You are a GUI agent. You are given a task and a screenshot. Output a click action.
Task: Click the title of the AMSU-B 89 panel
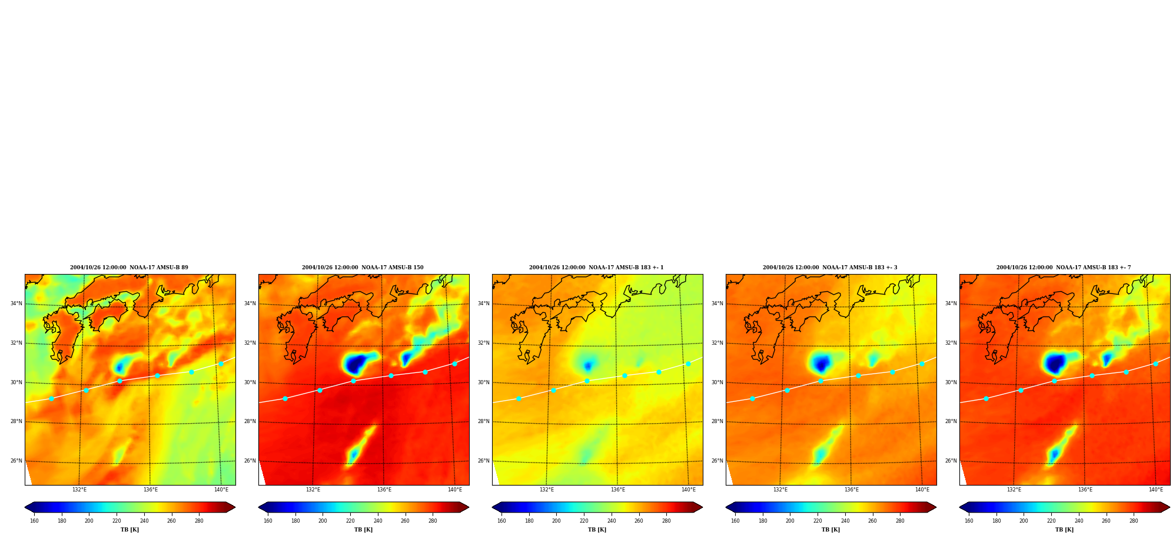129,268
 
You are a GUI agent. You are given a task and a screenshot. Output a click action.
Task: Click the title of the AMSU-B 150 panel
363,268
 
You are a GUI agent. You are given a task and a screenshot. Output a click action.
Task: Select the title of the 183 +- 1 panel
596,268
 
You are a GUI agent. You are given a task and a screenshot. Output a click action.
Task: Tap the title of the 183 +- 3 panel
830,268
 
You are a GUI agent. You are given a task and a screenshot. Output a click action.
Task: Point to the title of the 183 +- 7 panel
1064,268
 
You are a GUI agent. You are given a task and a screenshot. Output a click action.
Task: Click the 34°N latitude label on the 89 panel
16,304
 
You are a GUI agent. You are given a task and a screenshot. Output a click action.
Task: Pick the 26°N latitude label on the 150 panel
250,461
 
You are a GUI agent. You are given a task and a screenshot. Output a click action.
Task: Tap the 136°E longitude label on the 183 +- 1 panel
617,490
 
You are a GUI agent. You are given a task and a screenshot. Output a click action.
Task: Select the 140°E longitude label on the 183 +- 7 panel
1155,490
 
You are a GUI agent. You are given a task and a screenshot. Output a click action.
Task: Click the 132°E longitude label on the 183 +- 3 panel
780,490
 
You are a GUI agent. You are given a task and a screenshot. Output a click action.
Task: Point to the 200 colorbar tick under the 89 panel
89,521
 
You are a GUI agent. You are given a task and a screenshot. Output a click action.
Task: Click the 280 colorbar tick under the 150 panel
433,521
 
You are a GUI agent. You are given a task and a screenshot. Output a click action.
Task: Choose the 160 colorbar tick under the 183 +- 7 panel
969,521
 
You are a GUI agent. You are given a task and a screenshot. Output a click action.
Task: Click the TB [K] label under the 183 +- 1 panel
597,530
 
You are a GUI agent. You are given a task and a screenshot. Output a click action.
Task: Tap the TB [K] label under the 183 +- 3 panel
830,530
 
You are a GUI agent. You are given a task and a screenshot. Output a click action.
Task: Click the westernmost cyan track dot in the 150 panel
285,399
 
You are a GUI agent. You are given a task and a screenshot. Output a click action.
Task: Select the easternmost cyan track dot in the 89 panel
221,364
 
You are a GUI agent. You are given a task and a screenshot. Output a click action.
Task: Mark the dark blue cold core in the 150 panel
354,365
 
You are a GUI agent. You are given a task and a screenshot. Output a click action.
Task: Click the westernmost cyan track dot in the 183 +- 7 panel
986,399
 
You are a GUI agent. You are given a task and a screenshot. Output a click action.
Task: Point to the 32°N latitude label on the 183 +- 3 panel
717,343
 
